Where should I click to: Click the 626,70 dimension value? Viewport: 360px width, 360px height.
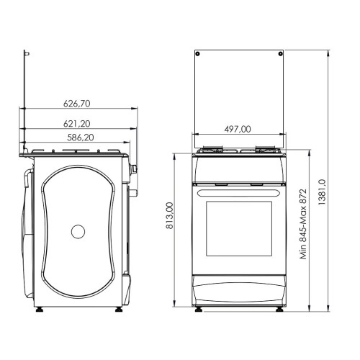click(x=77, y=104)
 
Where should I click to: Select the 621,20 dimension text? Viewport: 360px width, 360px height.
click(x=77, y=124)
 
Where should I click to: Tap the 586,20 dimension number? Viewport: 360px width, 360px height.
click(x=81, y=138)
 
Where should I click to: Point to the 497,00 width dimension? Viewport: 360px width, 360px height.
click(x=238, y=129)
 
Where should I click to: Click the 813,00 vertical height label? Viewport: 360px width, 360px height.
click(x=170, y=215)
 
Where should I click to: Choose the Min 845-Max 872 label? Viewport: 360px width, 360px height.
click(x=303, y=224)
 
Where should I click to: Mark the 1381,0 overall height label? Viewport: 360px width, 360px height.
click(x=322, y=192)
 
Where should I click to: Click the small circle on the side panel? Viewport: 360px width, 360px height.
click(x=78, y=232)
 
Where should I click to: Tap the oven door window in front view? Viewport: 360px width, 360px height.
click(x=239, y=229)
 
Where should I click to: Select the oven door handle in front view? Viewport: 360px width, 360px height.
click(x=239, y=193)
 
